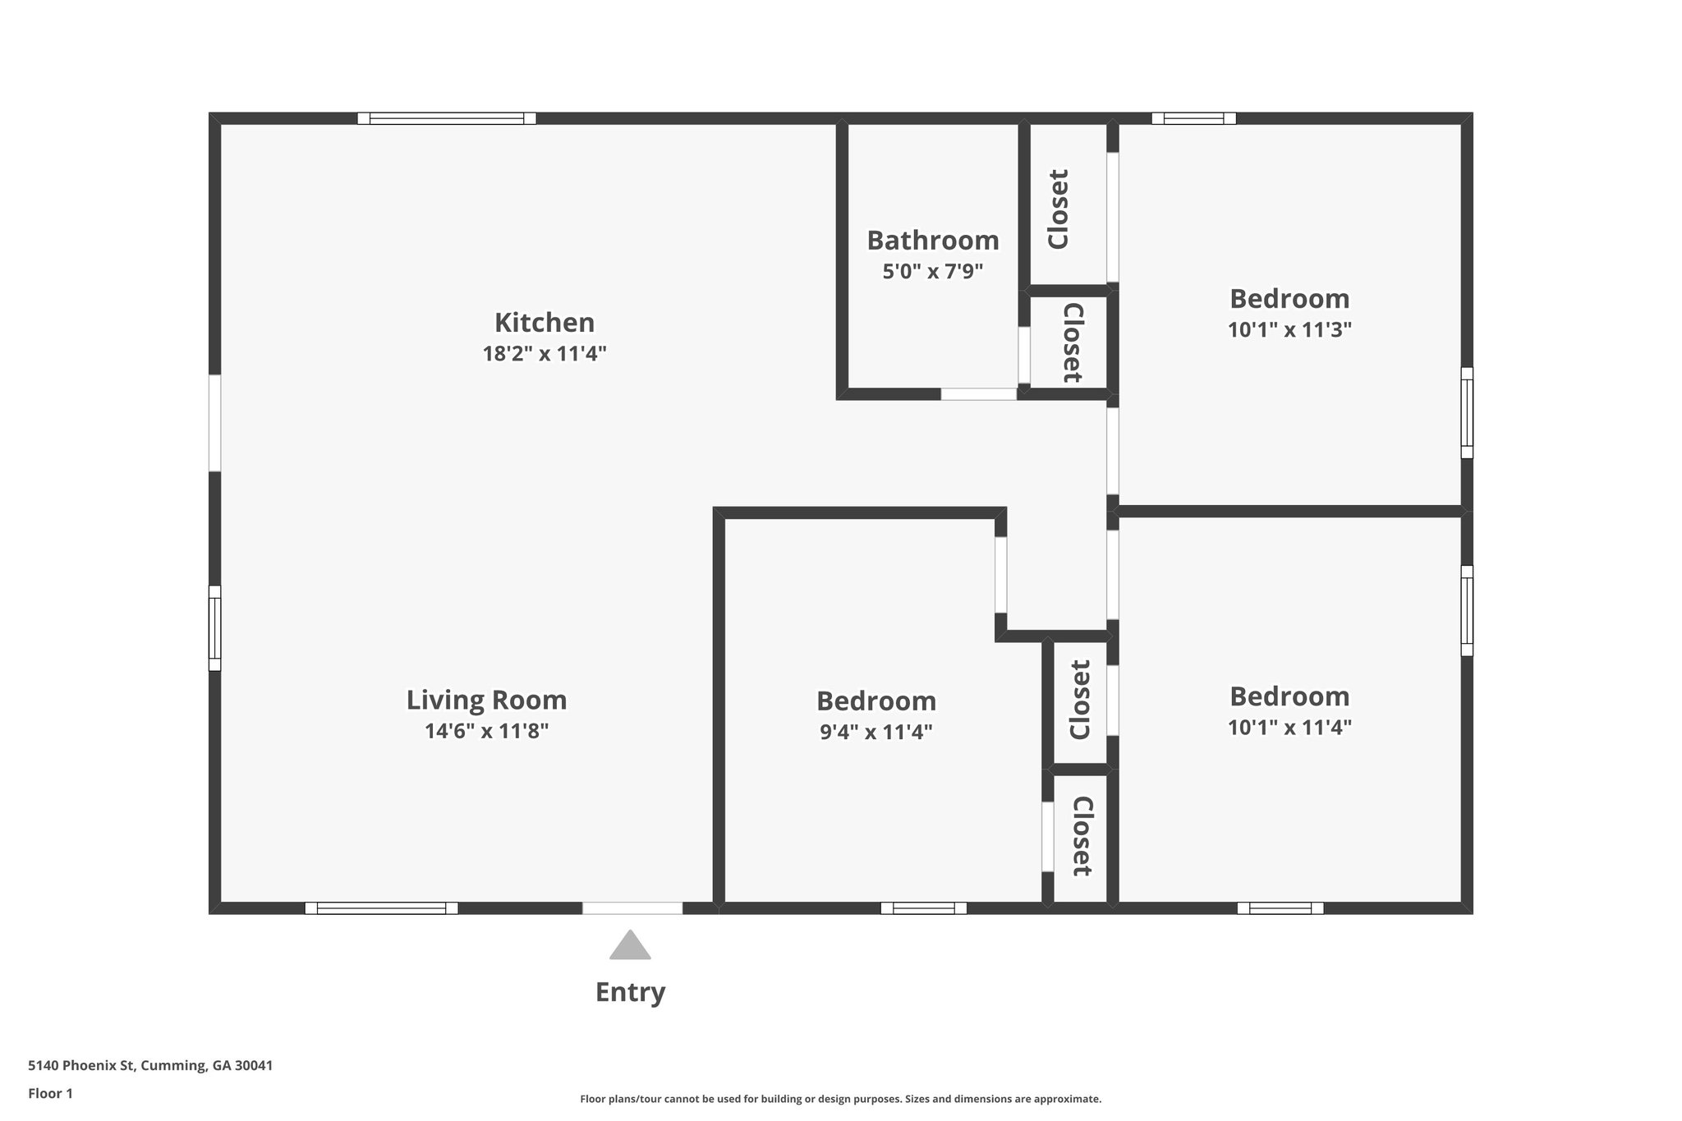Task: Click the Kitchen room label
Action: tap(544, 322)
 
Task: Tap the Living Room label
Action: tap(486, 700)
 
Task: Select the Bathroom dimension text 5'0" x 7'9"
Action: tap(932, 271)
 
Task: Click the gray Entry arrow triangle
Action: tap(630, 946)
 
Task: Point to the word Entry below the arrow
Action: tap(630, 992)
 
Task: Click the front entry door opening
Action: tap(632, 907)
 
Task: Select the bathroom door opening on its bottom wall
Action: tap(978, 394)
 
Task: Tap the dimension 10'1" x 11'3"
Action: tap(1289, 329)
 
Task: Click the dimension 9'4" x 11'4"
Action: tap(875, 732)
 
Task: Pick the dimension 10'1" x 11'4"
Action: tap(1289, 728)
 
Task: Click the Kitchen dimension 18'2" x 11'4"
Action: tap(544, 354)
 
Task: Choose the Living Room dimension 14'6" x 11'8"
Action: tap(486, 731)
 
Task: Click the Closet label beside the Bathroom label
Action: tap(1058, 209)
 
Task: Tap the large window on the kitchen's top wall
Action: tap(447, 118)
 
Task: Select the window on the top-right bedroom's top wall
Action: tap(1193, 118)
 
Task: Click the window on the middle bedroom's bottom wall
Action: tap(923, 907)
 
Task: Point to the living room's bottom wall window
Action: tap(381, 907)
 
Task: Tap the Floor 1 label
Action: tap(50, 1093)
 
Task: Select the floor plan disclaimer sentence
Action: tap(840, 1099)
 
